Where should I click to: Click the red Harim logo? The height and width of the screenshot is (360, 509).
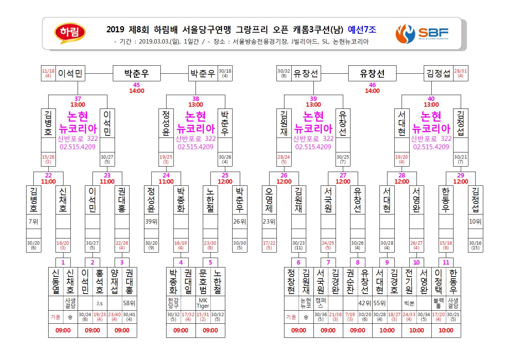click(70, 33)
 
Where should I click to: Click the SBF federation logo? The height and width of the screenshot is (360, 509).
click(422, 34)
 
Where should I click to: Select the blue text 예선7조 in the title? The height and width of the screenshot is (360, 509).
click(362, 29)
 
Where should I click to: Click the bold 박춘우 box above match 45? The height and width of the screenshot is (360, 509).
click(136, 73)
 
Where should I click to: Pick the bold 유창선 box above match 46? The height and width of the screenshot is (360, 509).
click(372, 73)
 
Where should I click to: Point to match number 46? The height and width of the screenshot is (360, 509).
click(372, 85)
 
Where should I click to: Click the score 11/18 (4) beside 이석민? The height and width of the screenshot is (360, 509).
click(48, 73)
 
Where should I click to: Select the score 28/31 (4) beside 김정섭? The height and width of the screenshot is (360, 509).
click(461, 73)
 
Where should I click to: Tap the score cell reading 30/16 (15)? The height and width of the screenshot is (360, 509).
click(475, 245)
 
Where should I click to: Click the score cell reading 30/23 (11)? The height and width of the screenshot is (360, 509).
click(299, 245)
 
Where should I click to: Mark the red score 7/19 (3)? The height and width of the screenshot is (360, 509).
click(350, 316)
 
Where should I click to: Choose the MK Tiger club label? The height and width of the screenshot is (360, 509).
click(203, 303)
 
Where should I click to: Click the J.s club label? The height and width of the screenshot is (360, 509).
click(99, 303)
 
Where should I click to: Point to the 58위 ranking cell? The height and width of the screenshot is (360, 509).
click(129, 303)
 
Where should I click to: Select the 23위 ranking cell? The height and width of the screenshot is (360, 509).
click(269, 221)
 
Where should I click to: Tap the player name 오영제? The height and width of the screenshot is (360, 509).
click(269, 200)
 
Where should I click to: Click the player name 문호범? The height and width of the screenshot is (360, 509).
click(203, 282)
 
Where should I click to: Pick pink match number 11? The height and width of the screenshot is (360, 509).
click(446, 262)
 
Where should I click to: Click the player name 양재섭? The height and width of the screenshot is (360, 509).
click(115, 282)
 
